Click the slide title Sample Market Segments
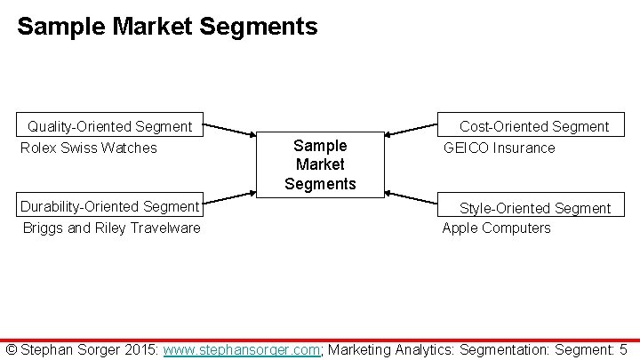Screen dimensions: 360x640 [167, 27]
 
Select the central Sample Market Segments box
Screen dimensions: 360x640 [320, 164]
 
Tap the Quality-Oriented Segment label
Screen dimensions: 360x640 [109, 126]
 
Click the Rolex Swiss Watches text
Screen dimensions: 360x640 [89, 148]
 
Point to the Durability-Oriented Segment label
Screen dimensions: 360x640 [109, 206]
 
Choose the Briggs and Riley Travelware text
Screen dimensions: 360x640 [112, 228]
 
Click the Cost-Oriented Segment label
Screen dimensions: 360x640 [533, 126]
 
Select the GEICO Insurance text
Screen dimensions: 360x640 [499, 148]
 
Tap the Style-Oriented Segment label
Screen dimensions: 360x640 [534, 208]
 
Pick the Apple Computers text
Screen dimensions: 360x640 [496, 228]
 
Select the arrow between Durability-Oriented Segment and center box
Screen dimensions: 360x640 [229, 202]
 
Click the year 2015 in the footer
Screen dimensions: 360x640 [143, 349]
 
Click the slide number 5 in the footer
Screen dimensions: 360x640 [624, 349]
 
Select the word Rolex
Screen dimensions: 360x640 [38, 148]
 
